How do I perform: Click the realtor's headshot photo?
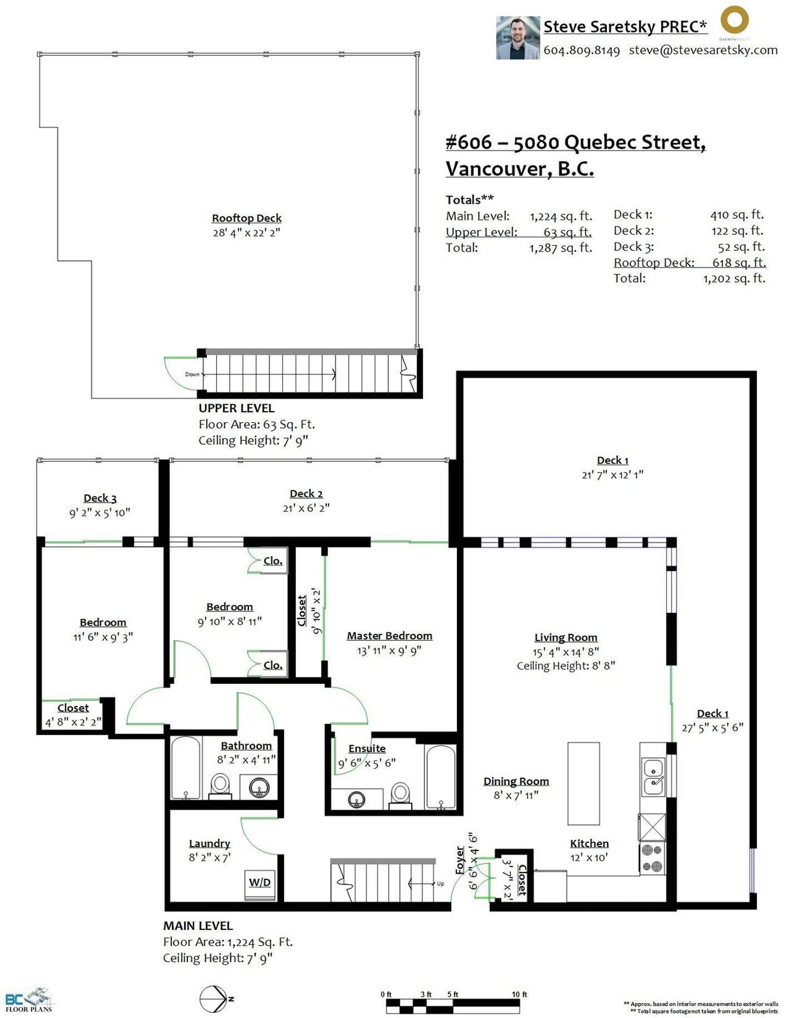coord(517,38)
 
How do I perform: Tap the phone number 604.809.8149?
coord(581,50)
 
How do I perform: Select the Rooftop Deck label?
coord(247,218)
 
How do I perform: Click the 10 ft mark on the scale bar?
coord(518,995)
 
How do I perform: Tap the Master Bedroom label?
coord(389,636)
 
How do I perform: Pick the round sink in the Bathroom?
coord(259,788)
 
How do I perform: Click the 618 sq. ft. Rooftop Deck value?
coord(739,262)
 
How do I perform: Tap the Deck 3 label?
coord(100,498)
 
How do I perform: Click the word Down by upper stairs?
coord(192,374)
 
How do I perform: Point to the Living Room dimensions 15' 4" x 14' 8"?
coord(566,652)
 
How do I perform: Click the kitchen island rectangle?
coord(583,784)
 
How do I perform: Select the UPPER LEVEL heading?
coord(237,408)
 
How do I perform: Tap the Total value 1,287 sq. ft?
coord(560,248)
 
